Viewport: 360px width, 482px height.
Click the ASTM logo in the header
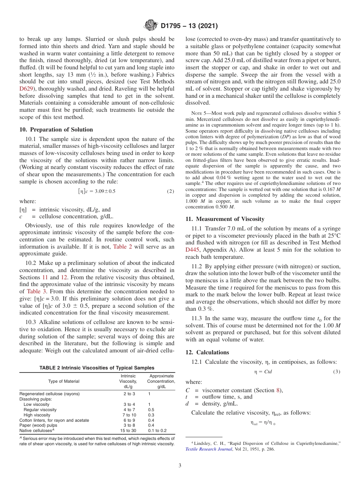tap(151, 26)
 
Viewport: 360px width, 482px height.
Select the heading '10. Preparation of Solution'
tap(56, 130)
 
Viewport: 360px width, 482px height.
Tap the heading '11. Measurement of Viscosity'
tap(225, 219)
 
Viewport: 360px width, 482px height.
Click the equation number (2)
tap(171, 191)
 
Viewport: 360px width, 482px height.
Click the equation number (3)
tap(337, 372)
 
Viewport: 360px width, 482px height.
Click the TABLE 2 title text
tap(97, 368)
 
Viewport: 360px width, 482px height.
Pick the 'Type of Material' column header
tap(64, 381)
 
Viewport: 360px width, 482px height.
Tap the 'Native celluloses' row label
tap(36, 430)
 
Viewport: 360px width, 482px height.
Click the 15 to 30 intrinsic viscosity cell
tap(128, 430)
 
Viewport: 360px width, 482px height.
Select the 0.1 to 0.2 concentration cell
tap(158, 430)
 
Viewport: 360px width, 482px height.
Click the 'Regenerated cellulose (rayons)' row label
tap(49, 394)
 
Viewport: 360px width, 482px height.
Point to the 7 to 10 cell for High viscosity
tap(128, 415)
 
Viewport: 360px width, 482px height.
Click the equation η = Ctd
tap(263, 372)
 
